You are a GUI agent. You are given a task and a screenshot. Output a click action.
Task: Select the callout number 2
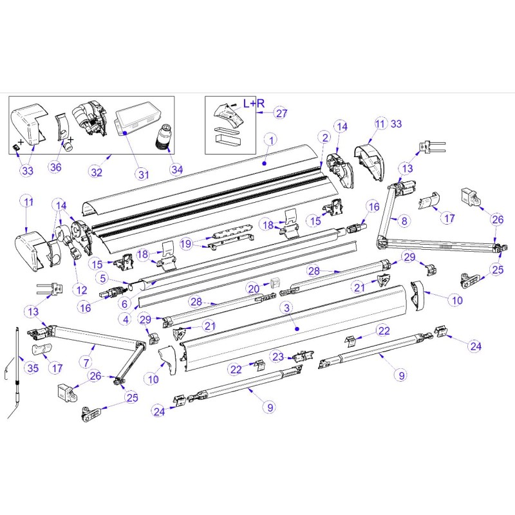[x=325, y=137]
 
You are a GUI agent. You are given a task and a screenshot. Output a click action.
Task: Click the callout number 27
[x=281, y=114]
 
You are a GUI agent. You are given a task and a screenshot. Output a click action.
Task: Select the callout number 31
[x=141, y=173]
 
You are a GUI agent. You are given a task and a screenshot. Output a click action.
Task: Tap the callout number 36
[x=57, y=168]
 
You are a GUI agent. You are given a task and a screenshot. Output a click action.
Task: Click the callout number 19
[x=186, y=243]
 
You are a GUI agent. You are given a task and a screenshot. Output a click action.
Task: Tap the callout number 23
[x=277, y=356]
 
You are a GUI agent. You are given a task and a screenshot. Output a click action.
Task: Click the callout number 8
[x=404, y=220]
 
